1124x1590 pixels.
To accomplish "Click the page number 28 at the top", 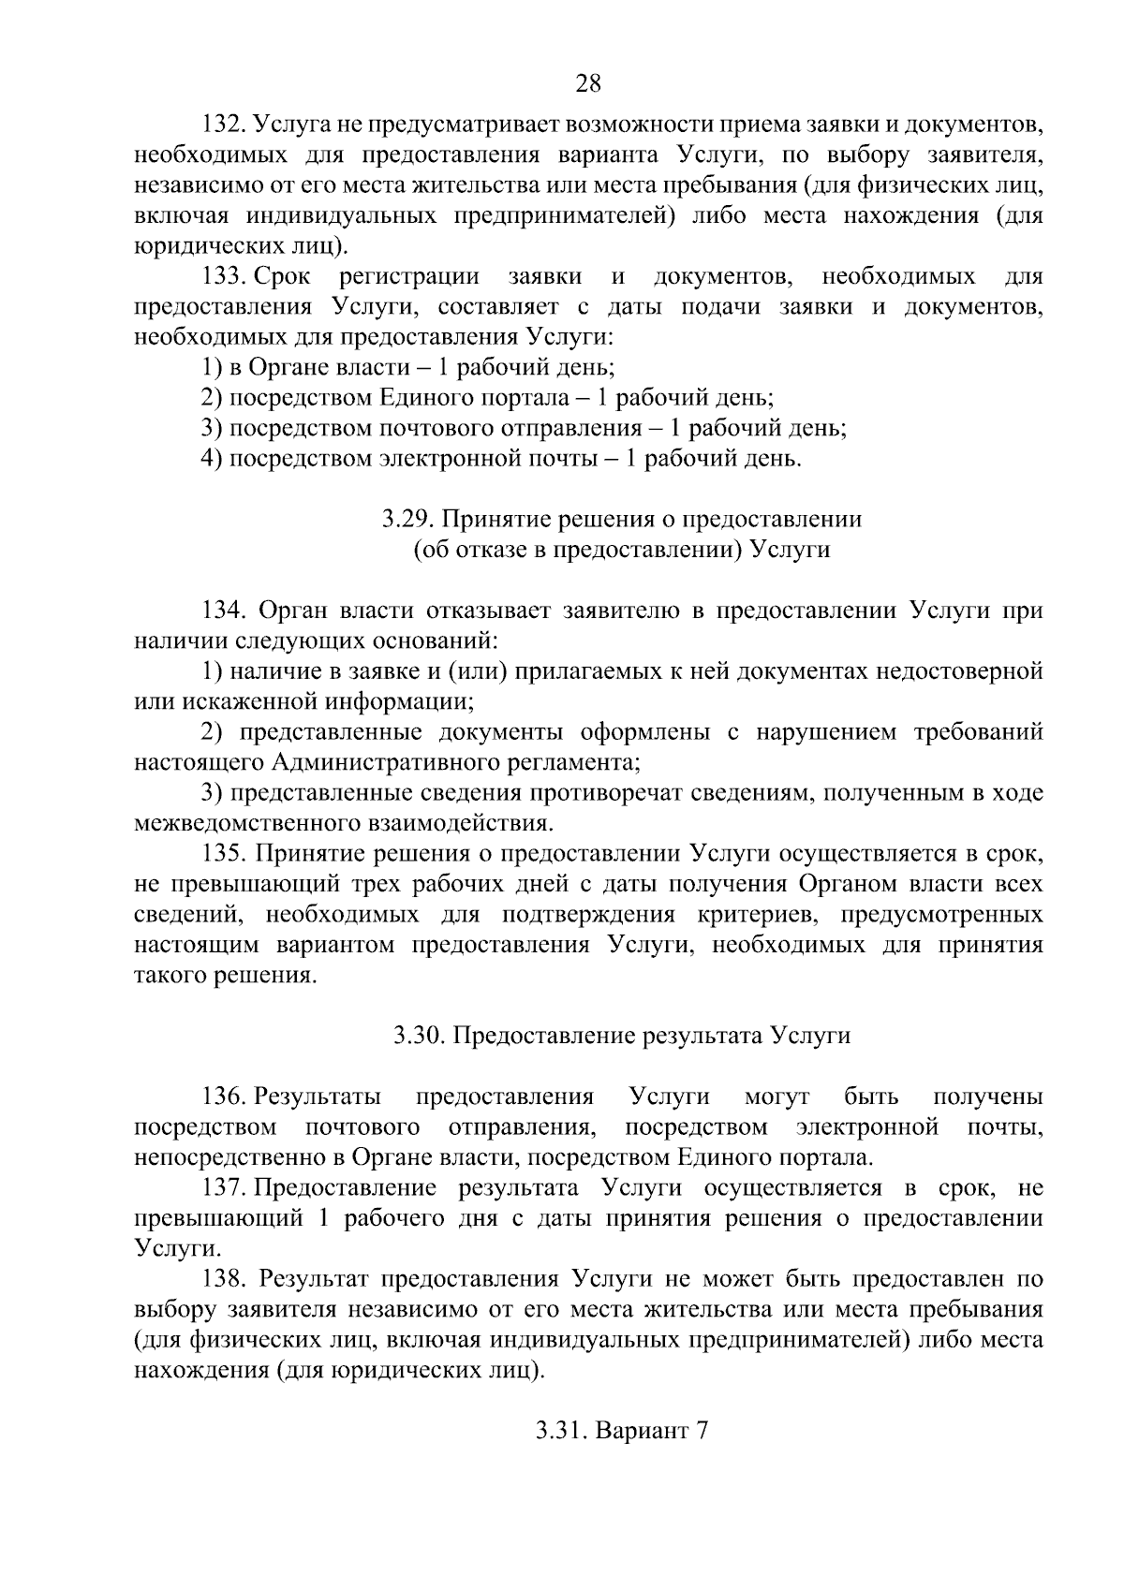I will point(587,83).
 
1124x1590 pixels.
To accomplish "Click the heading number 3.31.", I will point(559,1431).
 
